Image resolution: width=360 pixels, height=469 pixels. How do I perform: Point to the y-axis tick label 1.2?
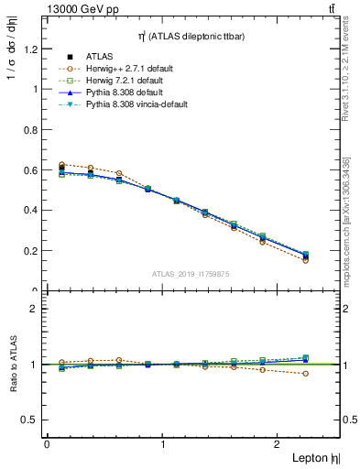point(33,49)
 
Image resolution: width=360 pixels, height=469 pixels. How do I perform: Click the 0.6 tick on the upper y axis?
point(33,170)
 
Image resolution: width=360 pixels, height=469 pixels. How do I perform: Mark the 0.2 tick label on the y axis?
point(33,250)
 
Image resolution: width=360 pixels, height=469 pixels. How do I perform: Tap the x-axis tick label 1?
point(163,444)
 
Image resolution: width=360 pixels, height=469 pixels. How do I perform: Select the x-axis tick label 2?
point(278,444)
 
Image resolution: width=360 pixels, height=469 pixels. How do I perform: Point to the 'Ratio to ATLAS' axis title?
point(12,365)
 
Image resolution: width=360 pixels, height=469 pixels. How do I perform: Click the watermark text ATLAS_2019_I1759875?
point(191,273)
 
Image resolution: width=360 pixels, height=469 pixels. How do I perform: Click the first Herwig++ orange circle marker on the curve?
point(61,165)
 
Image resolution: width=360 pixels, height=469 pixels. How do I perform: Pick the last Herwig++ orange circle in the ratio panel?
point(305,374)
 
